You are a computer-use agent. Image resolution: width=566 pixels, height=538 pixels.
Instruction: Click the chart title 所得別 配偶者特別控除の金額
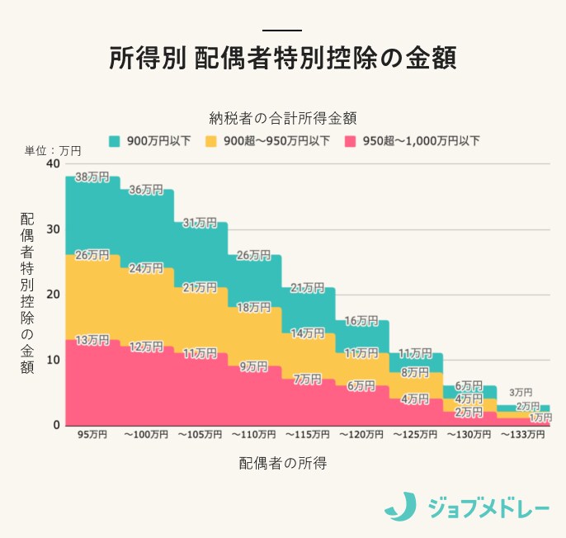[282, 59]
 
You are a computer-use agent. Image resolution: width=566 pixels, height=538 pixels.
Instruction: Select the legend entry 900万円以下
[157, 141]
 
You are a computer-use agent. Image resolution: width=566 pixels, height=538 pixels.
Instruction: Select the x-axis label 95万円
[92, 434]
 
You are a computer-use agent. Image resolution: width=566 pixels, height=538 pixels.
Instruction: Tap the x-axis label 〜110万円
[253, 434]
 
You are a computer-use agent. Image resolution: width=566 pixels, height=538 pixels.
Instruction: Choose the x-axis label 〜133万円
[522, 434]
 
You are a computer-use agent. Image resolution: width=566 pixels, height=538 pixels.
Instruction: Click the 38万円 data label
[92, 177]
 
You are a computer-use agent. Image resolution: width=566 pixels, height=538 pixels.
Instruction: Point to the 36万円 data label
[146, 190]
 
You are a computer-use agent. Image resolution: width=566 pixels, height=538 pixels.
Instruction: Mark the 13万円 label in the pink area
[92, 341]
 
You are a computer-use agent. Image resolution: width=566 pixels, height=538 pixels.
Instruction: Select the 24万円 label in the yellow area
[146, 268]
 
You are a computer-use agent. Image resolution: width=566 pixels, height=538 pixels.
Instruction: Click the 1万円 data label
[540, 418]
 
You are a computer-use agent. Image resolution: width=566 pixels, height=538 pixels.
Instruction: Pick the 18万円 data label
[253, 307]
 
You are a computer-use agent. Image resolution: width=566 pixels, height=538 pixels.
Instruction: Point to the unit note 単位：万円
[53, 151]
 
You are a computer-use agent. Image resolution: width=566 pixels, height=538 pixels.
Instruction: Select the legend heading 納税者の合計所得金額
[283, 117]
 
